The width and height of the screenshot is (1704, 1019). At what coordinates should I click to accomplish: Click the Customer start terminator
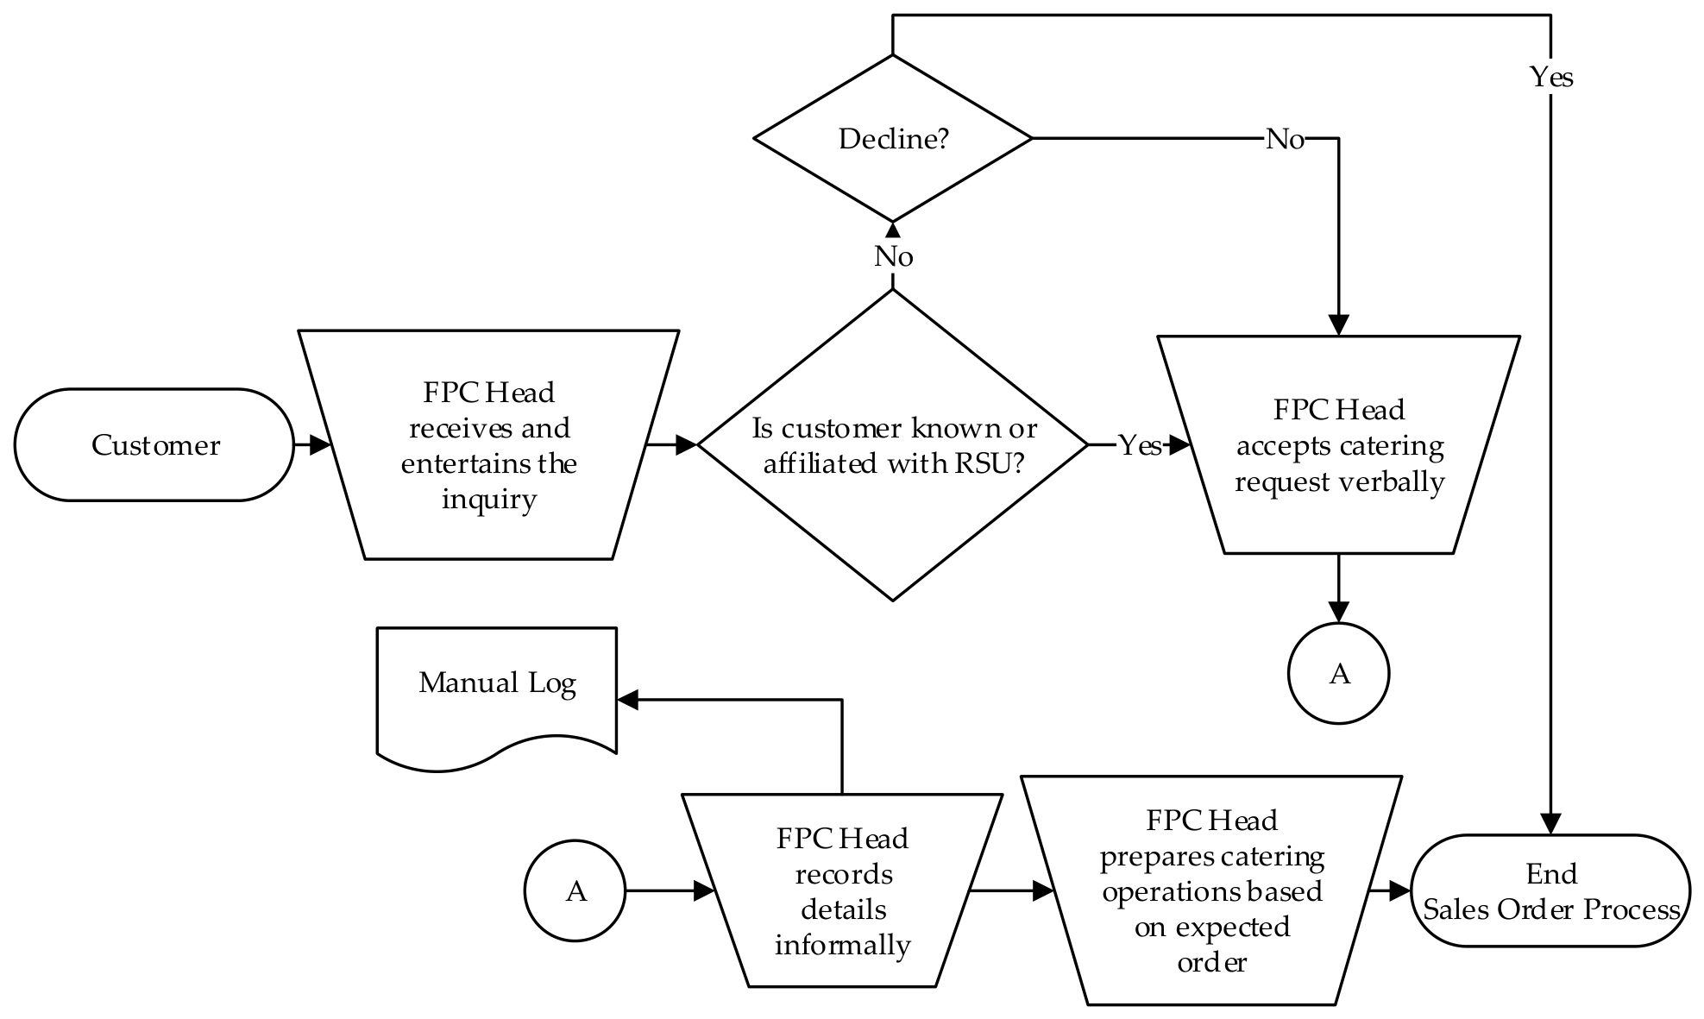[154, 444]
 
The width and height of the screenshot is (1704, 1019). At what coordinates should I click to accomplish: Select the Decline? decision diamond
[893, 138]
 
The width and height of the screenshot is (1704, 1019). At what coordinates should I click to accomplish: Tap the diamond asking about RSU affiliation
[893, 444]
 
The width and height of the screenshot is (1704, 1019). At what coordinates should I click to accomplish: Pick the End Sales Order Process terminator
[1550, 890]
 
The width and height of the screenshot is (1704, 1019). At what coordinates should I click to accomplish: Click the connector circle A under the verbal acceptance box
[1339, 673]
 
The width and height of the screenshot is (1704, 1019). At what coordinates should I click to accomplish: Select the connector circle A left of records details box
[575, 890]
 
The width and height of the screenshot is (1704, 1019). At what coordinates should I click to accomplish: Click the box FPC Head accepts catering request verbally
[1339, 444]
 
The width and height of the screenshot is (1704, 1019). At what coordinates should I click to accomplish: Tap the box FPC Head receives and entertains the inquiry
[489, 444]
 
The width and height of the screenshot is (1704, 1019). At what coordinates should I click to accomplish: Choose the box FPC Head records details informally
[842, 890]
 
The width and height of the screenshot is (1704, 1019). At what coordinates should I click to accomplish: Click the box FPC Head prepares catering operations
[1211, 890]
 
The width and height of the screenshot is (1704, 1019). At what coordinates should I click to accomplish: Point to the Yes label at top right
[1551, 78]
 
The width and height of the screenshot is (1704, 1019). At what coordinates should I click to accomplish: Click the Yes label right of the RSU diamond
[1139, 445]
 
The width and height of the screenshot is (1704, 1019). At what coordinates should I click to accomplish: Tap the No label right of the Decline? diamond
[1285, 139]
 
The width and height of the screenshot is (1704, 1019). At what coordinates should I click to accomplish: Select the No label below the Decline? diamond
[894, 256]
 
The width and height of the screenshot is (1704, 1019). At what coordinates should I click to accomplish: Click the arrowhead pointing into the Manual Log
[628, 700]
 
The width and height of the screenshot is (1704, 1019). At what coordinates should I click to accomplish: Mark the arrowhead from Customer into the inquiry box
[320, 445]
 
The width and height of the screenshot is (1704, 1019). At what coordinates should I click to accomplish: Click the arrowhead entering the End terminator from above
[1551, 824]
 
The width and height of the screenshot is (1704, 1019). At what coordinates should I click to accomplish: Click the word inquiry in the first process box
[489, 500]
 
